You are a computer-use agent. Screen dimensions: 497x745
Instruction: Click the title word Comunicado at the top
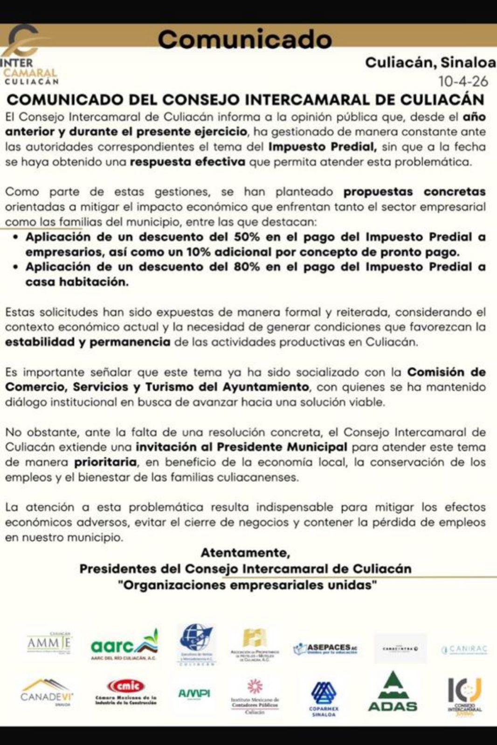(244, 39)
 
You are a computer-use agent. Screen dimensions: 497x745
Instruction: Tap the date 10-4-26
(463, 81)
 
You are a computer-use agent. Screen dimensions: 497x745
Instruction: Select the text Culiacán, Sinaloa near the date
(430, 62)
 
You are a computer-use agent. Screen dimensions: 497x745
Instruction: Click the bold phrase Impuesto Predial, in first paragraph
(323, 147)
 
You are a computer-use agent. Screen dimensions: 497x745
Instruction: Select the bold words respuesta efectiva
(187, 162)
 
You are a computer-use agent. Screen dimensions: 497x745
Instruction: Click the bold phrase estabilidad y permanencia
(88, 342)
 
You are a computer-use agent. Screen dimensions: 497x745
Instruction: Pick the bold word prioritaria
(105, 462)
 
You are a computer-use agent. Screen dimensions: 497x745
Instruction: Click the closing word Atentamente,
(245, 553)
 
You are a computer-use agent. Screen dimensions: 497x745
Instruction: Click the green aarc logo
(124, 645)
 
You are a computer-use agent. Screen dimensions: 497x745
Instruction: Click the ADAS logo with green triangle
(393, 694)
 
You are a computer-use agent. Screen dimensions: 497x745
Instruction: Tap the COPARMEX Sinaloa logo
(324, 698)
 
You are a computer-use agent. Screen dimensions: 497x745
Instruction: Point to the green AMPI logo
(194, 693)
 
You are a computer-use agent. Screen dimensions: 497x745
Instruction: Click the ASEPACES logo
(325, 649)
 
